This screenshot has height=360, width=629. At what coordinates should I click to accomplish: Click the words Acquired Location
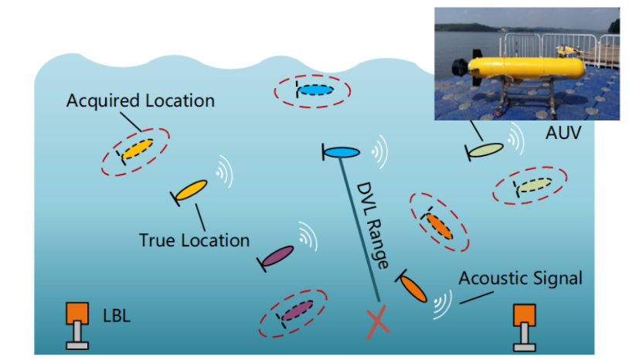pyautogui.click(x=140, y=100)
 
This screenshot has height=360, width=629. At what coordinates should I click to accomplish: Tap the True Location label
pyautogui.click(x=194, y=240)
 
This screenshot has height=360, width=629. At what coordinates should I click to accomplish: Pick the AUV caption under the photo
pyautogui.click(x=562, y=133)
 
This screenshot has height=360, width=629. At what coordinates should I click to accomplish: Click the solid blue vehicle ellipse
pyautogui.click(x=340, y=153)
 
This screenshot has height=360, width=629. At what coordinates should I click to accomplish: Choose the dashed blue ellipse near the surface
pyautogui.click(x=313, y=91)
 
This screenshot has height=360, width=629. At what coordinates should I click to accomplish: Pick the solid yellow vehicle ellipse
pyautogui.click(x=191, y=189)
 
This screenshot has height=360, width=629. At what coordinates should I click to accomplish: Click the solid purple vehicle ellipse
pyautogui.click(x=278, y=256)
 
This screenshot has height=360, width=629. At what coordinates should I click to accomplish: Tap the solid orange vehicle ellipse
pyautogui.click(x=413, y=288)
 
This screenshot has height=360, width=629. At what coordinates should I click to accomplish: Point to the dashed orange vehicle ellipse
pyautogui.click(x=438, y=222)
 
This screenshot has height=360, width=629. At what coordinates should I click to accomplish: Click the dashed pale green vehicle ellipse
pyautogui.click(x=532, y=186)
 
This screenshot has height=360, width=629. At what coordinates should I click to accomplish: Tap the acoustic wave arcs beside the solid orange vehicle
pyautogui.click(x=443, y=304)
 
